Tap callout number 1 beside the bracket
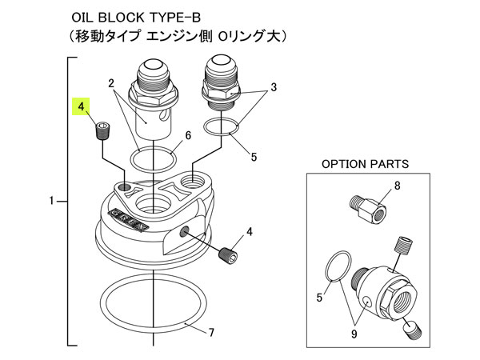(x=52, y=202)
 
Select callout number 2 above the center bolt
(x=112, y=83)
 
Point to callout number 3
(x=273, y=86)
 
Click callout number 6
(x=188, y=136)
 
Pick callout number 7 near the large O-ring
(x=211, y=332)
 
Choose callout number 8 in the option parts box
(x=397, y=186)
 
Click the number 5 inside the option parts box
(x=320, y=298)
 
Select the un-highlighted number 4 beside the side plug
(x=250, y=232)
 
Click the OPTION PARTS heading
(x=365, y=164)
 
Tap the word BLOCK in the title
(x=126, y=16)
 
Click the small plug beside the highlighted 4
(x=102, y=130)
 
